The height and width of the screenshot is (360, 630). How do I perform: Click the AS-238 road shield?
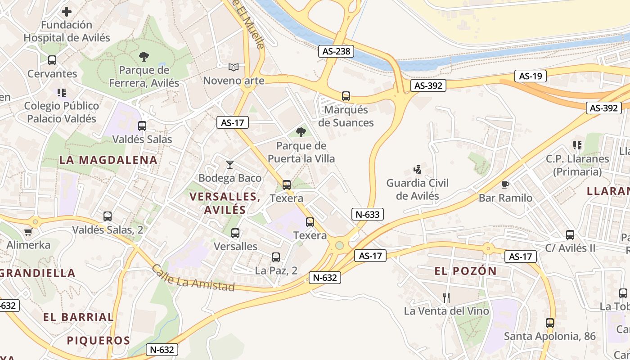tap(336, 51)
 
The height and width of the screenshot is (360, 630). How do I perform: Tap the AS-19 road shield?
tap(530, 76)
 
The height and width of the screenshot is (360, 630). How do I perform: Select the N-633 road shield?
tap(367, 214)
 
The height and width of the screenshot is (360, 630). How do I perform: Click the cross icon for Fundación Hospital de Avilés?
tap(67, 12)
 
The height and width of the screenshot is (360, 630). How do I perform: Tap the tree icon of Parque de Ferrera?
tap(144, 57)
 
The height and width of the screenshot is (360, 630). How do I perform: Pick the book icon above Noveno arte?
tap(233, 67)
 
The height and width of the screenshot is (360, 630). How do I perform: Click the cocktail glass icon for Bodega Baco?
tap(230, 165)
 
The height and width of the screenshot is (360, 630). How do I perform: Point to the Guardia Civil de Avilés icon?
tap(418, 170)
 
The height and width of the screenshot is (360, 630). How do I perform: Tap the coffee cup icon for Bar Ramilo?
tap(505, 184)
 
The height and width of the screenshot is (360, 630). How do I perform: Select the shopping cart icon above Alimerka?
tap(28, 232)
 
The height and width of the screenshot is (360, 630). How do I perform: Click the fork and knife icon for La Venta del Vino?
tap(446, 297)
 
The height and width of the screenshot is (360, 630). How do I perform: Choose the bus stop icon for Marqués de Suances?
tap(346, 96)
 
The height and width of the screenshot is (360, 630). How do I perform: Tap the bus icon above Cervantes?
tap(52, 60)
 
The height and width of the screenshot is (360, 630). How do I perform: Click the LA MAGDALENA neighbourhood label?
tap(108, 160)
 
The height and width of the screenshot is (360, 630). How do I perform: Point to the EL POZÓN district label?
tap(465, 271)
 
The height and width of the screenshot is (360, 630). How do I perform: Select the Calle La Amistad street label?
tap(193, 278)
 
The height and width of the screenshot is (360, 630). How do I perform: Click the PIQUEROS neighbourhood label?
tap(99, 340)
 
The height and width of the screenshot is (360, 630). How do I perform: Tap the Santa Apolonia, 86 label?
tap(549, 336)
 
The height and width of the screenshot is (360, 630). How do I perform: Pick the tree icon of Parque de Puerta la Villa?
tap(301, 132)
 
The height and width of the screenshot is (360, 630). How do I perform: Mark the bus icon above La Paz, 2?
tap(276, 257)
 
